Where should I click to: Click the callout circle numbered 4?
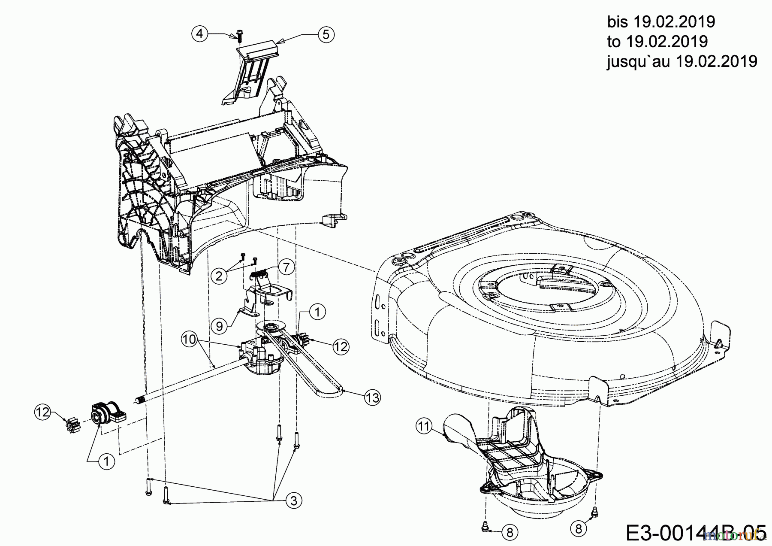coord(200,33)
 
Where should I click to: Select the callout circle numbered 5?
coord(326,34)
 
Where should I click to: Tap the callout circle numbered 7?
coord(286,267)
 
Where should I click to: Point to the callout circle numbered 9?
coord(219,326)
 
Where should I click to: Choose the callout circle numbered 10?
coord(190,340)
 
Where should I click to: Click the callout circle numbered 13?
coord(373,398)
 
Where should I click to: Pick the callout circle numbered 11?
coord(424,426)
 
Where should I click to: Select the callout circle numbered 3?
coord(294,500)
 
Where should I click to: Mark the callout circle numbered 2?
coord(219,276)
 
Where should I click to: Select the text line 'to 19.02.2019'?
coord(657,42)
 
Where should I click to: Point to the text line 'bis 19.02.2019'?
coord(661,21)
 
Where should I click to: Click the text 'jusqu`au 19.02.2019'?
coord(682,61)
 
